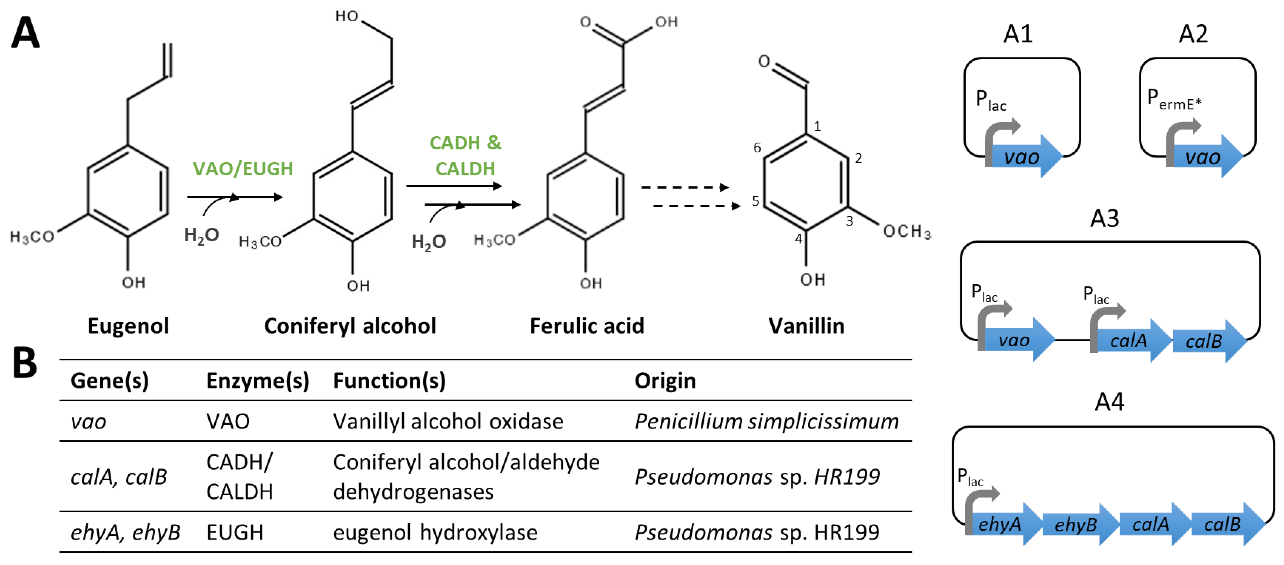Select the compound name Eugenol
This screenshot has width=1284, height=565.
[128, 326]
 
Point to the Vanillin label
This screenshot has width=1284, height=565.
[806, 326]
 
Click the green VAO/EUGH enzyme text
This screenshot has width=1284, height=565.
[243, 169]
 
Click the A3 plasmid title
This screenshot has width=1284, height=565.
[1104, 218]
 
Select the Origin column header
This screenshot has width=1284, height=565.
[665, 381]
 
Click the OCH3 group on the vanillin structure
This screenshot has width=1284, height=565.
[906, 231]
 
